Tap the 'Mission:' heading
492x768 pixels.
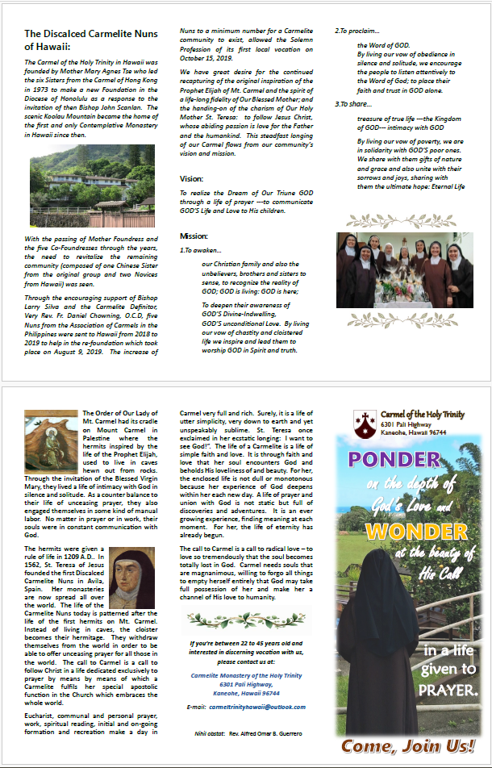point(194,236)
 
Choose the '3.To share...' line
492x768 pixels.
point(354,104)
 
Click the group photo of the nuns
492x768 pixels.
point(404,271)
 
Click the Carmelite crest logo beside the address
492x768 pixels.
point(363,420)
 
